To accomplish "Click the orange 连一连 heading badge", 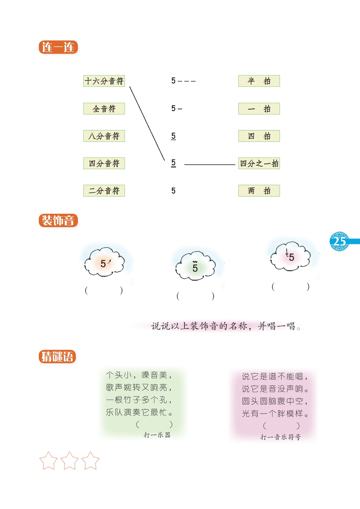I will click(x=58, y=47).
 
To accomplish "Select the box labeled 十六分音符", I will click(x=104, y=81).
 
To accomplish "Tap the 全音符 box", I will click(x=104, y=109).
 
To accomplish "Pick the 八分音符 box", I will click(x=104, y=136).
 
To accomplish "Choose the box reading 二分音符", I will click(x=104, y=191).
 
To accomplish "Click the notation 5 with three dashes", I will click(x=183, y=81).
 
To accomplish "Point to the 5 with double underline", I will click(x=174, y=163).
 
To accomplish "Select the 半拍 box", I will click(x=259, y=81).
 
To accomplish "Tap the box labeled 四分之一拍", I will click(x=259, y=163).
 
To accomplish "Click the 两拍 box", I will click(x=259, y=191).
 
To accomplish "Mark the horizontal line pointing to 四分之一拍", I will click(x=209, y=165).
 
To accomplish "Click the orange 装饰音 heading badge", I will click(x=58, y=221).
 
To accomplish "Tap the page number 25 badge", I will click(x=340, y=241).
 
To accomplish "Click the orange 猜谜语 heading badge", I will click(x=57, y=356).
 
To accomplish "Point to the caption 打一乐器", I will click(x=157, y=435).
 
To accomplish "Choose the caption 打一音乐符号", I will click(x=280, y=437).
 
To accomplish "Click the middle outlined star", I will click(x=69, y=461).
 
